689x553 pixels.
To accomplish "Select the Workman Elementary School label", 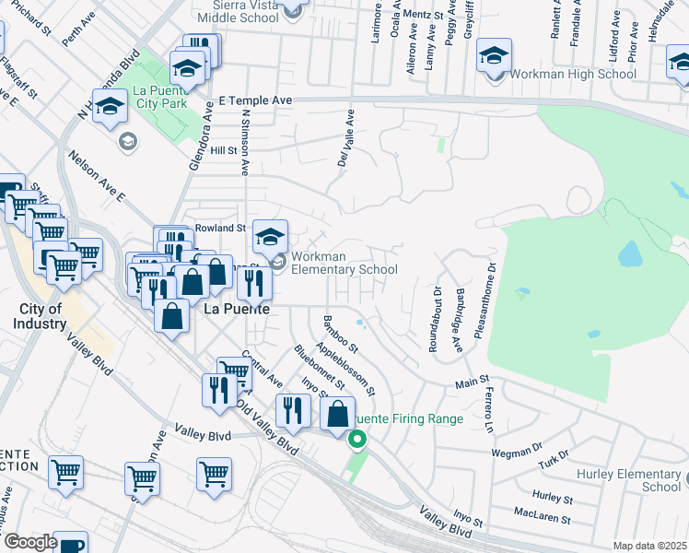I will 344,263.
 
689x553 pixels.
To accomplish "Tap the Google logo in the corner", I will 29,542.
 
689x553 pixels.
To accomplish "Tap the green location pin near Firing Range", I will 356,440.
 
